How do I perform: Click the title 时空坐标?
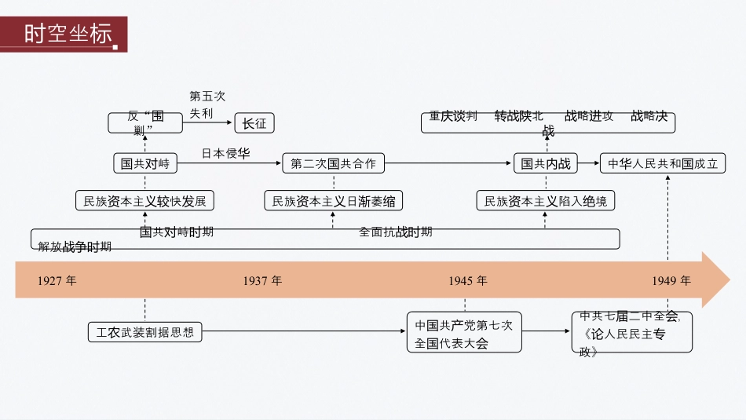(67, 35)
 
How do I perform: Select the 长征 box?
(254, 123)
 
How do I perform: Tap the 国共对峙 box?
(145, 164)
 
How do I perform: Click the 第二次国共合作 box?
(333, 164)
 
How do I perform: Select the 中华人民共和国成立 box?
(663, 164)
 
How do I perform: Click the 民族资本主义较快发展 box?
(145, 202)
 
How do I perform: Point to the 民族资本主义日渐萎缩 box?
(333, 202)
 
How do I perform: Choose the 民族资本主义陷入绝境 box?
(545, 202)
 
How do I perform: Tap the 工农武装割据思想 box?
(144, 332)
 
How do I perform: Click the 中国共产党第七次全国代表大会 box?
(463, 333)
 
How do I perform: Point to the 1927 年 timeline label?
(57, 280)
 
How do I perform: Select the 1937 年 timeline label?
(262, 280)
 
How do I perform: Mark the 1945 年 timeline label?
(468, 280)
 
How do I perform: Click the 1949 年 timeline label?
(671, 280)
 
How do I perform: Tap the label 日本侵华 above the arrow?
(225, 153)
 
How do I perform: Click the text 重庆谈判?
(453, 116)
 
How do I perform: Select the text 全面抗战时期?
(395, 232)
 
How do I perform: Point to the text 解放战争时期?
(75, 247)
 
